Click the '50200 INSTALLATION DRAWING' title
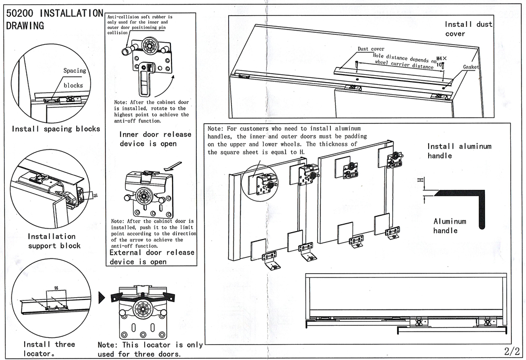click(53, 19)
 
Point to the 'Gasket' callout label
click(471, 67)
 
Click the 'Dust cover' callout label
click(371, 49)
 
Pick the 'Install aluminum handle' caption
click(459, 151)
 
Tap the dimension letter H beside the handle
click(419, 181)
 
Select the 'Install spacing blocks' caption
click(56, 129)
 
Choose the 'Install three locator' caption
click(49, 349)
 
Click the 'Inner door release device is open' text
click(155, 139)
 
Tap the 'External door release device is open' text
click(151, 257)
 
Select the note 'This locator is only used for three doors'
click(150, 349)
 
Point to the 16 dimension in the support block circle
click(95, 195)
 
